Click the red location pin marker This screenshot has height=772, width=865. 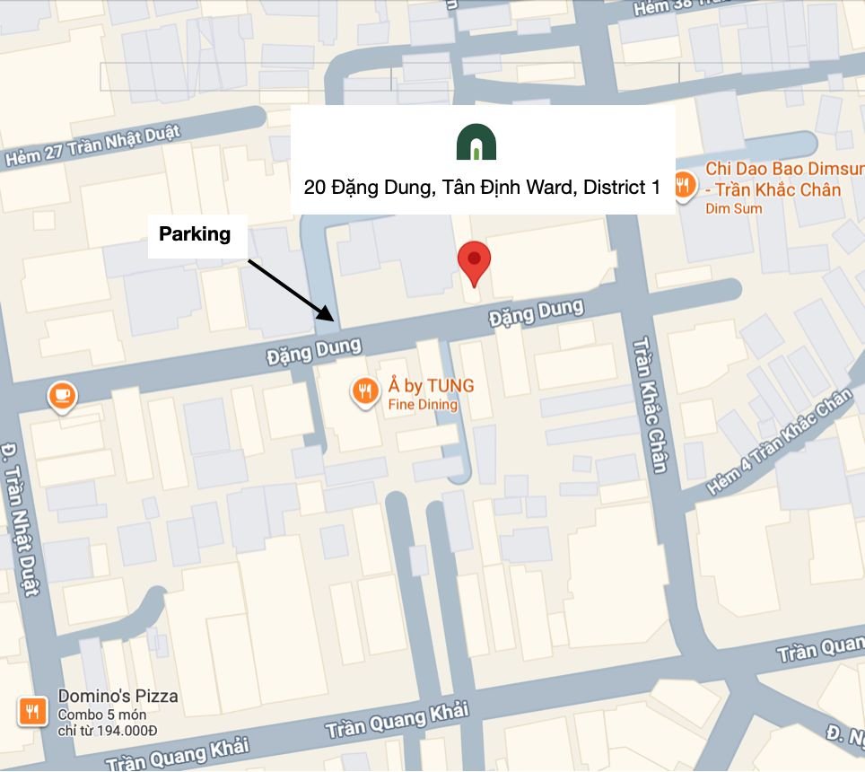[474, 261]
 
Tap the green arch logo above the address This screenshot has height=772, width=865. [476, 143]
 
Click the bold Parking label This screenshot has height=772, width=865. [195, 234]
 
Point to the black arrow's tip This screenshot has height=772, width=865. [334, 319]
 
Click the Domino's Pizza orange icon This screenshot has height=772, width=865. [32, 711]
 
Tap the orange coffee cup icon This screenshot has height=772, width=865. [62, 395]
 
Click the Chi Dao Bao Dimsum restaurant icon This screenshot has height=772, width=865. [684, 186]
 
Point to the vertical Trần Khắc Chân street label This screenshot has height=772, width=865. [652, 404]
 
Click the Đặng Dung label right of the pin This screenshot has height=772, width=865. [536, 313]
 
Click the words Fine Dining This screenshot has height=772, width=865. [423, 405]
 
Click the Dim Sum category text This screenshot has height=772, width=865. [734, 208]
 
